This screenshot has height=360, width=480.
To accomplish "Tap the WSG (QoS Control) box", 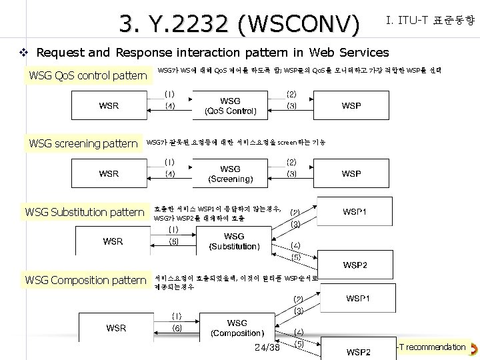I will pos(230,106).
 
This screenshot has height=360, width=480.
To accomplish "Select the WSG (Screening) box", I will pos(230,174).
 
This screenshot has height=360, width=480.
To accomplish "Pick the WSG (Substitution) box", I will pos(234,241).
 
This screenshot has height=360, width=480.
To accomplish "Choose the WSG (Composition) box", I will pos(237,328).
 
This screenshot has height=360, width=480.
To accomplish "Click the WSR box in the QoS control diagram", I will pos(109,106).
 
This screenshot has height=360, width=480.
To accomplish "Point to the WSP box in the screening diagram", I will pos(351,174).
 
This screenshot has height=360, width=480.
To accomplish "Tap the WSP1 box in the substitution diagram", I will pos(354,212).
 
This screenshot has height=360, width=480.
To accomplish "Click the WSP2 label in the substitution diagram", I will pos(354,265).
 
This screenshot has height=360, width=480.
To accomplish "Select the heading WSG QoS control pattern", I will pos(87,75).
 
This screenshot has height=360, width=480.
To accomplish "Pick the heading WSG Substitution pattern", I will pos(85,213).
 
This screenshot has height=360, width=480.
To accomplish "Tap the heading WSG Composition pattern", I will pos(85,280).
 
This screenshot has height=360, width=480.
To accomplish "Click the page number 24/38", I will pos(267,347).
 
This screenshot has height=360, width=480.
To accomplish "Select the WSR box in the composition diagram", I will pos(116,327).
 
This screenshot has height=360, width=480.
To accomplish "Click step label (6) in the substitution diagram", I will pos(173,241).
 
